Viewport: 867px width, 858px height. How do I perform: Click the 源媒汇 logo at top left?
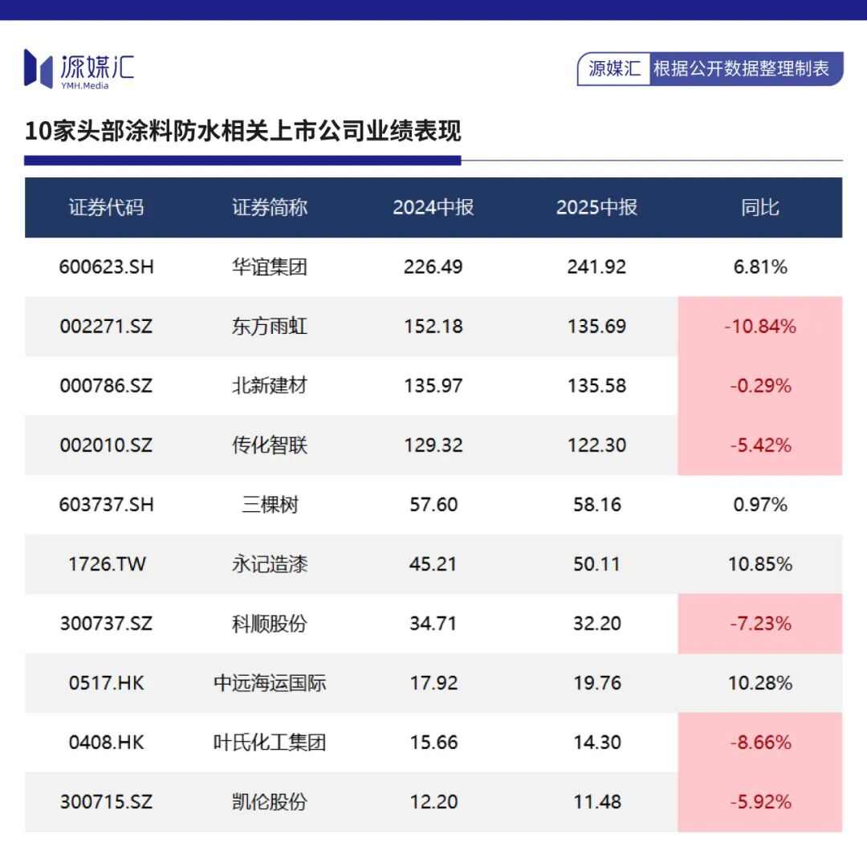click(79, 68)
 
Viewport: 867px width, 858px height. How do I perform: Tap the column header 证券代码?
click(106, 207)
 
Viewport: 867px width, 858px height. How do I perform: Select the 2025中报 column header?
click(596, 207)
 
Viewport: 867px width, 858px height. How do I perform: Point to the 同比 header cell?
click(759, 207)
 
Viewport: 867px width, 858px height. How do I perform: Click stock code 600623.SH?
click(106, 267)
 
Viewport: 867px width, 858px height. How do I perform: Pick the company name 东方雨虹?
click(270, 327)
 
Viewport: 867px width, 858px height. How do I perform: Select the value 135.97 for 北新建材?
click(433, 386)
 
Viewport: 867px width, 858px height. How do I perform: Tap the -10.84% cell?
click(759, 327)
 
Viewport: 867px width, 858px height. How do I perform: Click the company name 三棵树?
click(270, 505)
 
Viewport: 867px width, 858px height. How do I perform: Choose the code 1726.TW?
click(106, 564)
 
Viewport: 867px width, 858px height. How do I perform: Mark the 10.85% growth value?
click(759, 564)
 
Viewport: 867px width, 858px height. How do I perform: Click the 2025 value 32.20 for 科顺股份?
click(596, 624)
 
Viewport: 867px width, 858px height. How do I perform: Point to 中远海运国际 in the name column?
click(270, 683)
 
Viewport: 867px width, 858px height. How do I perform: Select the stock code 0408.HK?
click(106, 742)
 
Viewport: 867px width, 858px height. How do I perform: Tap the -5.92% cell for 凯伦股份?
click(759, 802)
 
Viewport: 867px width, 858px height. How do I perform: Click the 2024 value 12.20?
click(433, 802)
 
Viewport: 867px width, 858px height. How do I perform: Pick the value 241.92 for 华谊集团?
click(596, 267)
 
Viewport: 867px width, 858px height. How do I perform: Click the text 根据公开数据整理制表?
click(741, 69)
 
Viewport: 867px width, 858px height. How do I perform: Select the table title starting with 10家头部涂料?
click(242, 131)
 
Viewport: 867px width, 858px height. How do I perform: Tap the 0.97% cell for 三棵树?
click(759, 505)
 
